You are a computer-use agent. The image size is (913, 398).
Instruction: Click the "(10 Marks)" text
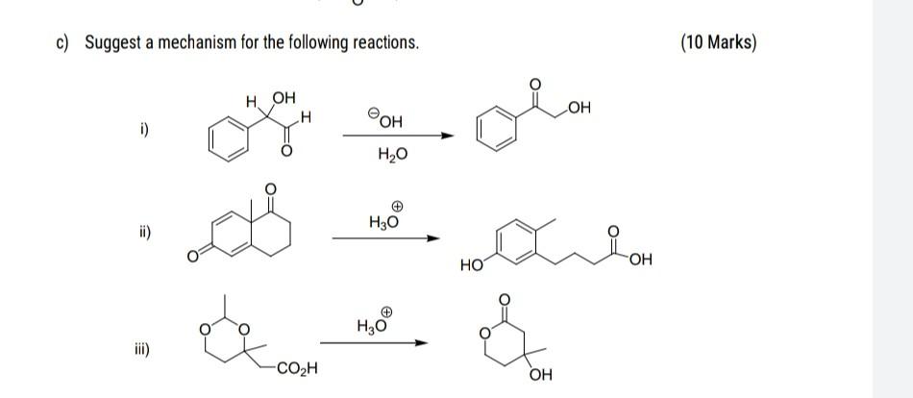point(718,43)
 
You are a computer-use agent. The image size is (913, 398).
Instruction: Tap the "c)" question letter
point(63,43)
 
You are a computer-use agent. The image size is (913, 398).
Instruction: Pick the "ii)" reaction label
point(142,233)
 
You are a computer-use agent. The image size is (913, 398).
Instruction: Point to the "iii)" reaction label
point(140,353)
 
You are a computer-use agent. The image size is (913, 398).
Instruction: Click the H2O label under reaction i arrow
point(395,153)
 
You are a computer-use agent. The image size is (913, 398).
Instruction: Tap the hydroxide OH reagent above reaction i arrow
point(385,119)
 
